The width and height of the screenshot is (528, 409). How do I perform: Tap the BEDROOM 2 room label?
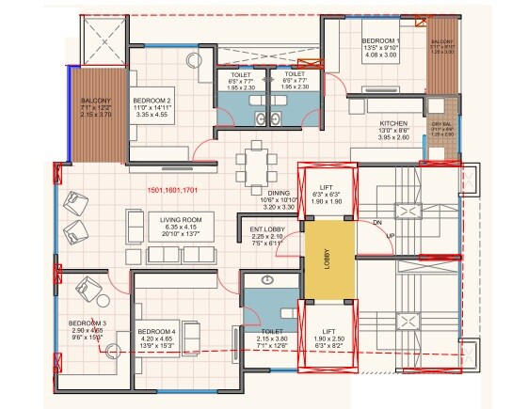[151, 100]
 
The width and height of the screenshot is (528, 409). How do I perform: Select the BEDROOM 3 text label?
[87, 324]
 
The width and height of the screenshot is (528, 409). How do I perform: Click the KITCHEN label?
[392, 123]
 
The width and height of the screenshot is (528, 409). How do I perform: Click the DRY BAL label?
[442, 124]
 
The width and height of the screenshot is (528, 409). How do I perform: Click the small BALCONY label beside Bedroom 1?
[442, 43]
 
